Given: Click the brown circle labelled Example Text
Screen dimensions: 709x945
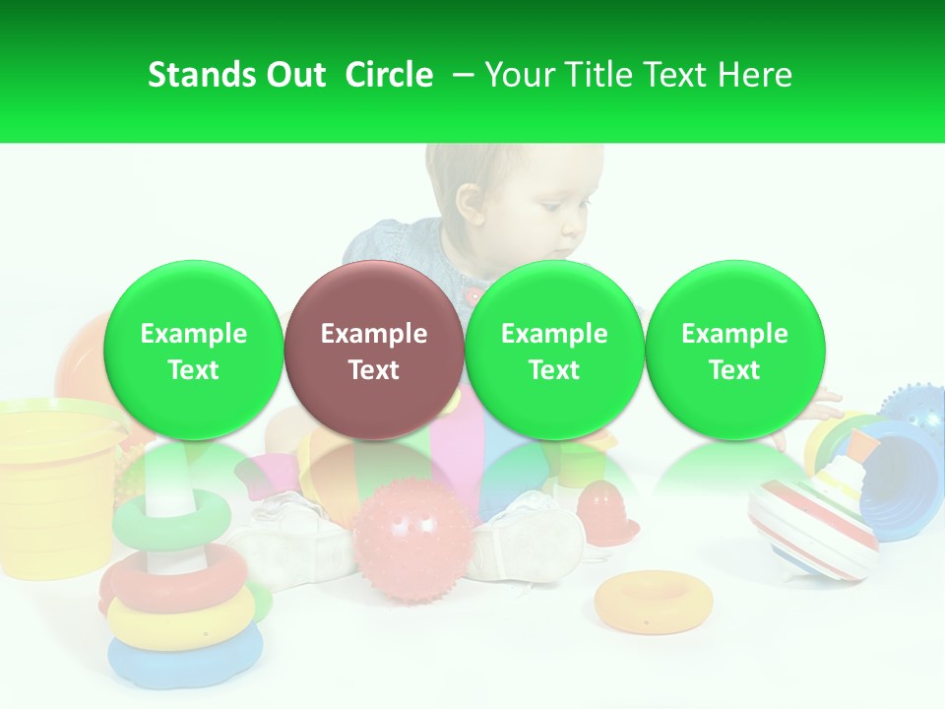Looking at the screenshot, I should (373, 352).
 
